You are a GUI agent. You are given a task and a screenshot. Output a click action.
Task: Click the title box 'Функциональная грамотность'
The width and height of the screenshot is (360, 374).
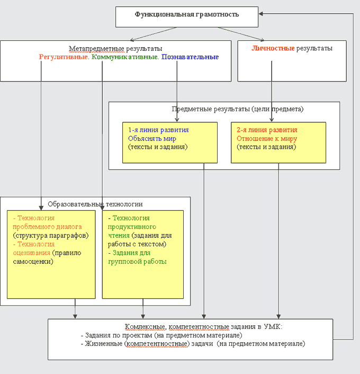tap(187, 16)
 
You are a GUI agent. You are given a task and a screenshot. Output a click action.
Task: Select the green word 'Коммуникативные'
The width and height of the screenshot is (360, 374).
tap(125, 57)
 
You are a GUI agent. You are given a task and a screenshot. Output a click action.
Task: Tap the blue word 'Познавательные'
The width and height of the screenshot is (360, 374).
tap(190, 57)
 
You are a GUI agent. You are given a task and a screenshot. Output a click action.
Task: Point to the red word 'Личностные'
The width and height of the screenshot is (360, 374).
tap(273, 48)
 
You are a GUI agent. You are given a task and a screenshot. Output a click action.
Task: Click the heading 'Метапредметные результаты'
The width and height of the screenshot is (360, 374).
tap(116, 48)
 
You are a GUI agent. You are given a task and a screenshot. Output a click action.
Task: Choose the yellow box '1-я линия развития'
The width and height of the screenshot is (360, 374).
tap(170, 143)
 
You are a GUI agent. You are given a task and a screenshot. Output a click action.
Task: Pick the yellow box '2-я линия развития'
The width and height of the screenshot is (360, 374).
tap(278, 143)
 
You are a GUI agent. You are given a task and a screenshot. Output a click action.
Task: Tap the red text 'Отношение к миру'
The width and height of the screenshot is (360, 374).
tap(267, 138)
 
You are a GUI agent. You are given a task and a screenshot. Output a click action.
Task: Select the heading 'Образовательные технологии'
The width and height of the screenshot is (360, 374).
tap(95, 204)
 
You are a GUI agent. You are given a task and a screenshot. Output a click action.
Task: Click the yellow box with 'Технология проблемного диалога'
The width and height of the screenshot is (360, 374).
tap(51, 254)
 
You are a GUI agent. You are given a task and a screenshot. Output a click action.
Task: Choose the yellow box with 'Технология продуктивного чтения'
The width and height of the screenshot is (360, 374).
tap(143, 254)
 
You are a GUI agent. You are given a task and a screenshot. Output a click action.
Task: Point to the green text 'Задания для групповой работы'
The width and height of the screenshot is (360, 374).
tap(138, 257)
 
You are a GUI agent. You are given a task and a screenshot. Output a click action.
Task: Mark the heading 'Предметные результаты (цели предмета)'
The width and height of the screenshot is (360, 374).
tap(238, 109)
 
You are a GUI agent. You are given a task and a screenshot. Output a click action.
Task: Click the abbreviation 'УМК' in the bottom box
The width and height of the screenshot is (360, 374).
tap(274, 327)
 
